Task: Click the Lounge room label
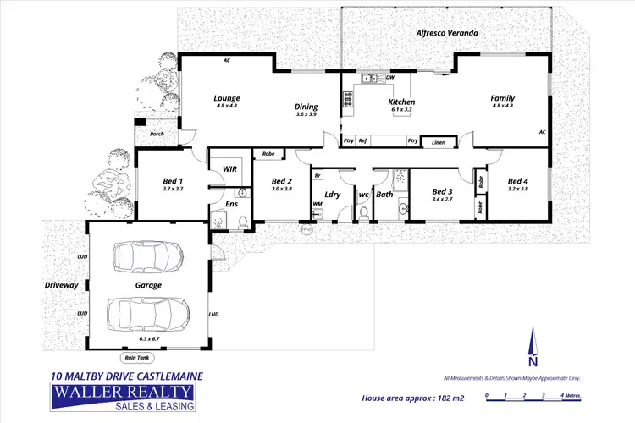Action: [227, 98]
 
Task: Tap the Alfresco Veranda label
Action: [446, 33]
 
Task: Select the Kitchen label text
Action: [401, 102]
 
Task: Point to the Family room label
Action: [503, 98]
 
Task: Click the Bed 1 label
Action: [173, 181]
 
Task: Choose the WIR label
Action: [229, 169]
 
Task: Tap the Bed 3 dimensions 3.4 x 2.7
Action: [444, 201]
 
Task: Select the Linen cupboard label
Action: [438, 142]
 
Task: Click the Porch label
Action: [157, 134]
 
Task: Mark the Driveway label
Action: [61, 286]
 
